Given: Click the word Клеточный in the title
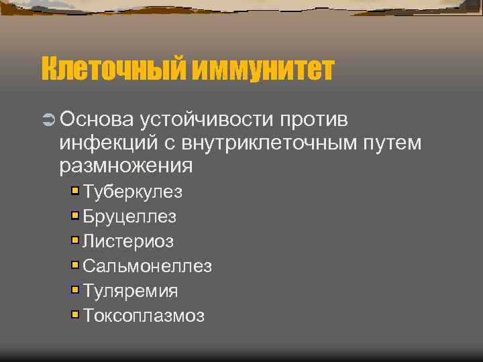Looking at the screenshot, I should (x=113, y=69).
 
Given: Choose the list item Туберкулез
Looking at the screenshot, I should (x=132, y=192).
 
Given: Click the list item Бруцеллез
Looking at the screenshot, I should (x=129, y=217).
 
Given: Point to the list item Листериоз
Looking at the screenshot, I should (x=128, y=241).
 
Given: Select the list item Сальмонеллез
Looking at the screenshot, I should (x=147, y=266).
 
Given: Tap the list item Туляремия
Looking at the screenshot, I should (x=130, y=291).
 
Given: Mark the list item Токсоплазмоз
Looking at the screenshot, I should (x=144, y=316).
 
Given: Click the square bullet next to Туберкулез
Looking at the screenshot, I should (x=75, y=191).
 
